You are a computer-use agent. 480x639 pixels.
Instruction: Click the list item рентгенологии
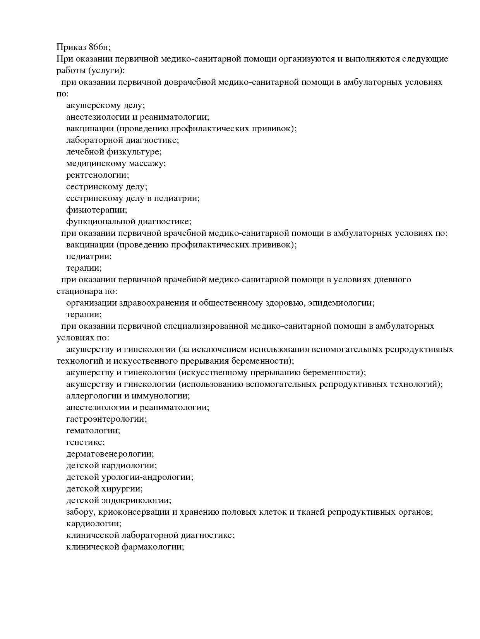98,175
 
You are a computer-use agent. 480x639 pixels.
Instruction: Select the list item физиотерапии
96,210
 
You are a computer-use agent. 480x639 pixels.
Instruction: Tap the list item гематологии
93,431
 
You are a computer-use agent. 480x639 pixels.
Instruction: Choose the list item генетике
85,442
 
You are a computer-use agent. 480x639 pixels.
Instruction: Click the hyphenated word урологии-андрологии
147,477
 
